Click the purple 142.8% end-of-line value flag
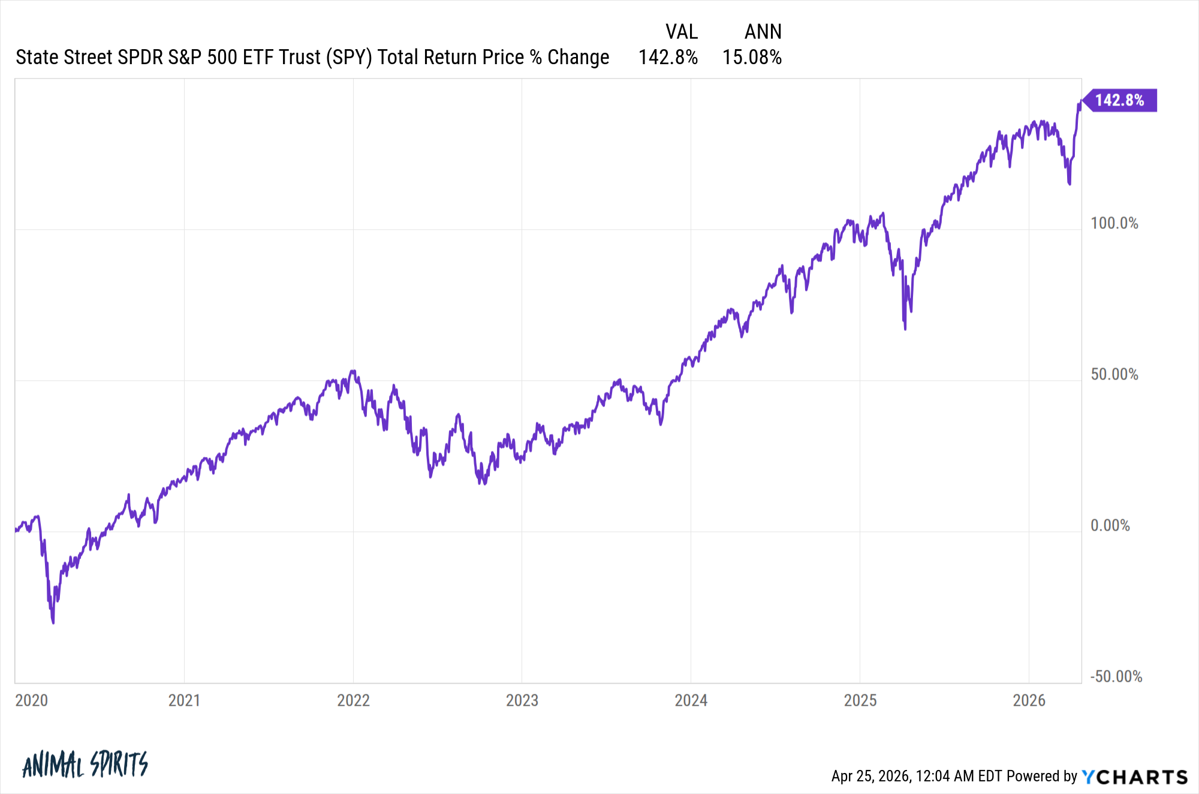(1119, 100)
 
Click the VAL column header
(682, 32)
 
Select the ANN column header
(763, 32)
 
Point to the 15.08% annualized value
(752, 58)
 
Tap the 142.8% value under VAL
(668, 58)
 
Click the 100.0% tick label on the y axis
(1114, 224)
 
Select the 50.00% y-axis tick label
(1114, 375)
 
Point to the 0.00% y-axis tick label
(1110, 526)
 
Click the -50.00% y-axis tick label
(1116, 677)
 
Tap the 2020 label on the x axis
(31, 700)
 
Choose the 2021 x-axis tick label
(184, 700)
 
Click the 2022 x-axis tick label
(353, 700)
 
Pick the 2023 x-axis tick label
(522, 700)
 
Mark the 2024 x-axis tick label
(691, 700)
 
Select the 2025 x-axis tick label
(860, 700)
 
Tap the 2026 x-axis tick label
(1029, 700)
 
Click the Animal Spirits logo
(85, 765)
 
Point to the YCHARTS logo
(1134, 777)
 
